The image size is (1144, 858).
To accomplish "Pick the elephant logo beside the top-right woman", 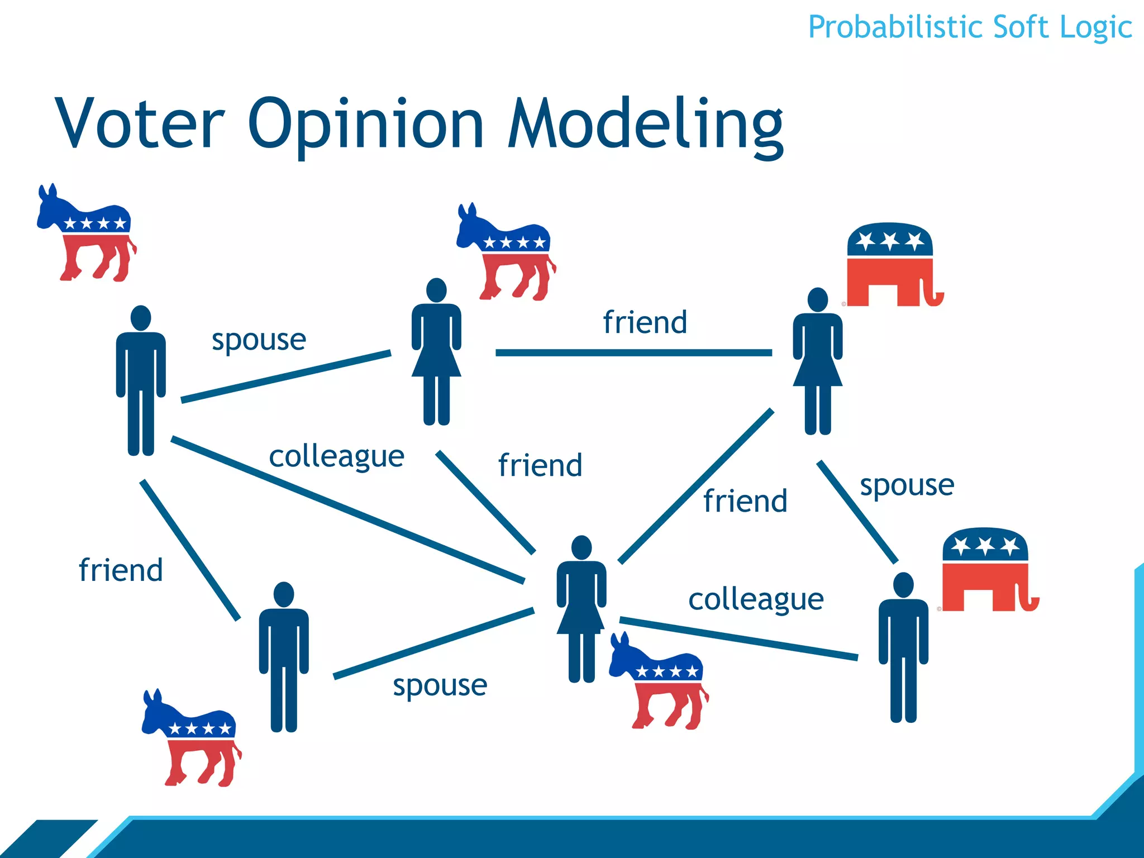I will [893, 265].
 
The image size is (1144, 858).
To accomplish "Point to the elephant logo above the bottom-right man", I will [988, 570].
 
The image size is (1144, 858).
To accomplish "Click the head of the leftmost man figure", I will [141, 318].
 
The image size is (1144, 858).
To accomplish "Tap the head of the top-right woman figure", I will [818, 300].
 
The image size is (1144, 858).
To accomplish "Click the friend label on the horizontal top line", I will [645, 322].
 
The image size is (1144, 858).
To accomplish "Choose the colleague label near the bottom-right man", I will [756, 599].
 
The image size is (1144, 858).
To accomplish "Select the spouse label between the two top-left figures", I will [259, 339].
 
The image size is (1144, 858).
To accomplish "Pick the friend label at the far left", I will [121, 570].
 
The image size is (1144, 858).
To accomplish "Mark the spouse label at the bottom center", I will [440, 685].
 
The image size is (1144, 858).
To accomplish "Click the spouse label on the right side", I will [907, 484].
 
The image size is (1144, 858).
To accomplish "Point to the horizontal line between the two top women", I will [633, 352].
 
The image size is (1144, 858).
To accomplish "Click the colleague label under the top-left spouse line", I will [336, 456].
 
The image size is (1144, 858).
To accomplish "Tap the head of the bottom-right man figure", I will [903, 585].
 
